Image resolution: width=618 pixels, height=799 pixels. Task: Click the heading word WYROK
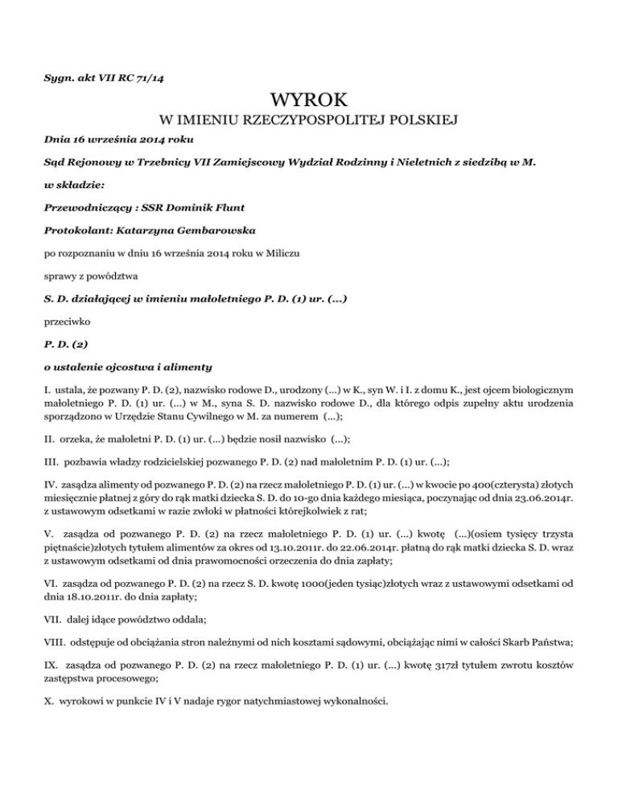309,101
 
